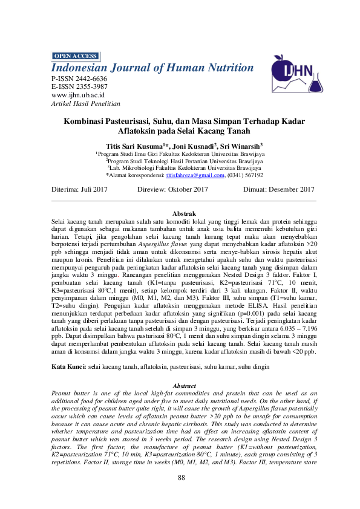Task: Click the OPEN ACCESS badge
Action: coord(76,56)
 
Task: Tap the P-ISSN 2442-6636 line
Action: coord(79,79)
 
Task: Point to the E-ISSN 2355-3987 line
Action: coord(79,87)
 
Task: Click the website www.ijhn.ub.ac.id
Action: coord(79,95)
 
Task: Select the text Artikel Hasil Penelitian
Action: coord(86,103)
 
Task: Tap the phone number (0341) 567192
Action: coord(245,175)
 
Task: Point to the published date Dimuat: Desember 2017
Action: coord(278,189)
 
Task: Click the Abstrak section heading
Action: coord(184,214)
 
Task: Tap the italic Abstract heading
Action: coord(185,386)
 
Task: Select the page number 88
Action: coord(180,479)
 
